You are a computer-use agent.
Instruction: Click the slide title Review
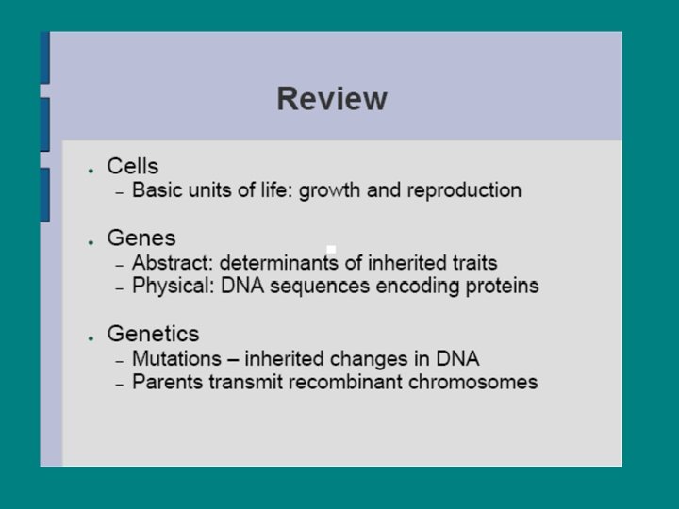pyautogui.click(x=332, y=99)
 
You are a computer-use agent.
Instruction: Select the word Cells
pyautogui.click(x=133, y=167)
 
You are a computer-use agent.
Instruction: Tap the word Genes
pyautogui.click(x=141, y=238)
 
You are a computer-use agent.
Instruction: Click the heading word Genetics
pyautogui.click(x=154, y=334)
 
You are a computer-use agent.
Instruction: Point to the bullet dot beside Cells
pyautogui.click(x=90, y=170)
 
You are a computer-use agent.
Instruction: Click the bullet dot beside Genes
pyautogui.click(x=90, y=241)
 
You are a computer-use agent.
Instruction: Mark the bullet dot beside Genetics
pyautogui.click(x=90, y=337)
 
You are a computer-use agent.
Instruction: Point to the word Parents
pyautogui.click(x=165, y=382)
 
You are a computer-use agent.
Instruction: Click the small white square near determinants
pyautogui.click(x=331, y=250)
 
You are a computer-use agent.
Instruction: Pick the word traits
pyautogui.click(x=472, y=263)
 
